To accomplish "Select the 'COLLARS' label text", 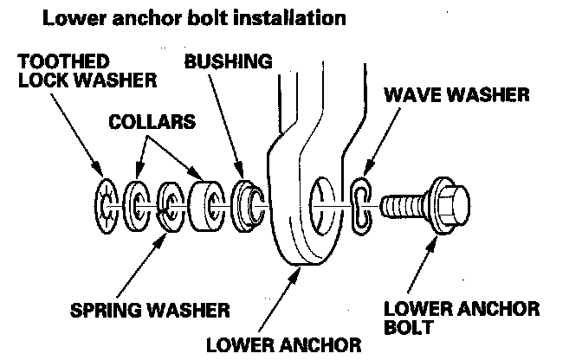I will (152, 122).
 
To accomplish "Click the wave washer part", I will (361, 206).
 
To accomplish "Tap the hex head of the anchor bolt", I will (448, 205).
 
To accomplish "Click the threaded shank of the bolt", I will (402, 206).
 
